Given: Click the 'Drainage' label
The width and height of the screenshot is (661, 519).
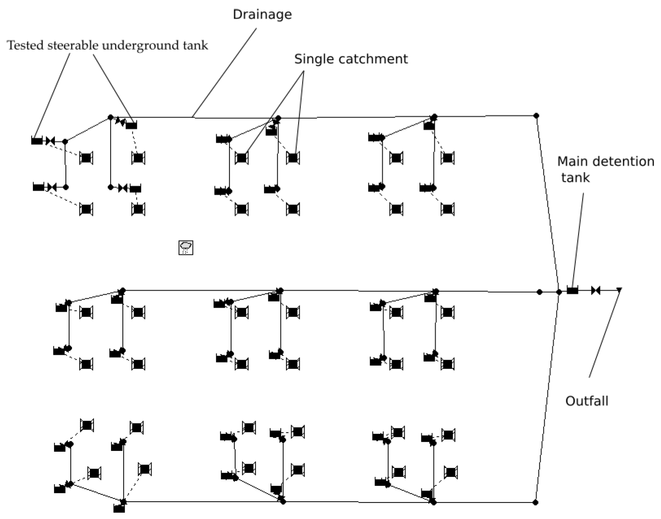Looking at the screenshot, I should [x=262, y=14].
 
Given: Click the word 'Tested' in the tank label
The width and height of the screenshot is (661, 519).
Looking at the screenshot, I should [x=25, y=45].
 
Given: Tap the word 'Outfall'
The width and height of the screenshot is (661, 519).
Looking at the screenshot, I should [x=586, y=401].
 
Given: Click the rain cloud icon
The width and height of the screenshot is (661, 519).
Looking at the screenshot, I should [x=186, y=247].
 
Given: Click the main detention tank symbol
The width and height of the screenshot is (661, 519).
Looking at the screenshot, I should [x=572, y=290].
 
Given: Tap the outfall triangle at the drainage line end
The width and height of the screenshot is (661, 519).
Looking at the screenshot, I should [x=619, y=289].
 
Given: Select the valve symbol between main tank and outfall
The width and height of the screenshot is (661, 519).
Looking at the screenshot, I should [x=596, y=290].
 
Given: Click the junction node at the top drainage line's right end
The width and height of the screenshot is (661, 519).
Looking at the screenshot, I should [x=536, y=115].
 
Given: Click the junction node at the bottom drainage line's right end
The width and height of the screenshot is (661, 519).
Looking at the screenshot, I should [x=536, y=502].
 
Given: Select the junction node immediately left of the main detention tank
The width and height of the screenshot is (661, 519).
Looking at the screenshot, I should [x=559, y=292].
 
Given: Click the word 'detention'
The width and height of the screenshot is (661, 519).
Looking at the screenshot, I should [x=621, y=161].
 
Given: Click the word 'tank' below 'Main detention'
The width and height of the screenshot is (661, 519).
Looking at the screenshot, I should [x=575, y=177].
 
